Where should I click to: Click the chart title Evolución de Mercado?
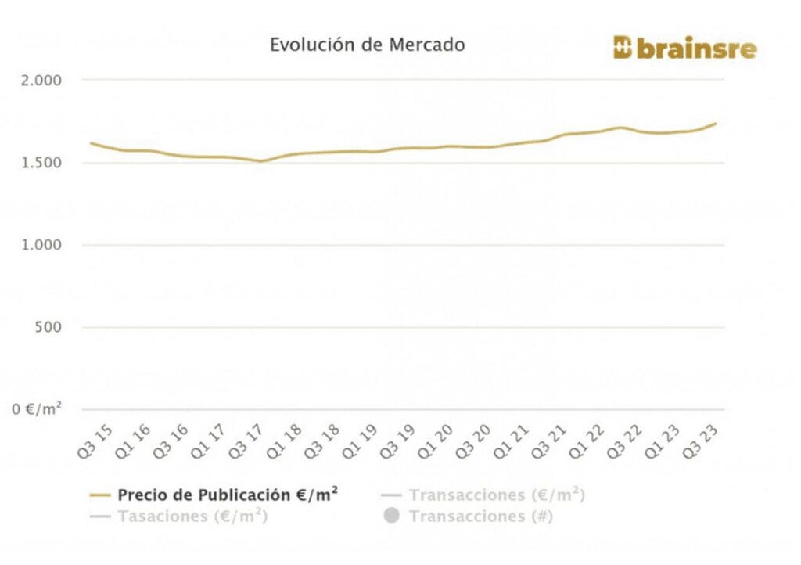click(367, 45)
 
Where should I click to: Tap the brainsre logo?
click(684, 49)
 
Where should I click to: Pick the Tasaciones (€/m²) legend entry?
click(192, 516)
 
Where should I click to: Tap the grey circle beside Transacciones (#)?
click(392, 516)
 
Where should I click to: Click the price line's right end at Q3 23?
click(716, 124)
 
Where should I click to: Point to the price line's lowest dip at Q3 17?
click(262, 161)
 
